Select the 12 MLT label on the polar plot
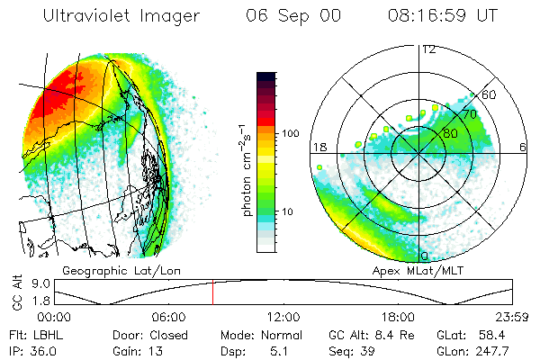point(428,49)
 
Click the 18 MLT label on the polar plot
point(319,147)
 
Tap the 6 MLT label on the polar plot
point(523,147)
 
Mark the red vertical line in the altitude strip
point(213,293)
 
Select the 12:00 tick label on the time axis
point(283,317)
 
